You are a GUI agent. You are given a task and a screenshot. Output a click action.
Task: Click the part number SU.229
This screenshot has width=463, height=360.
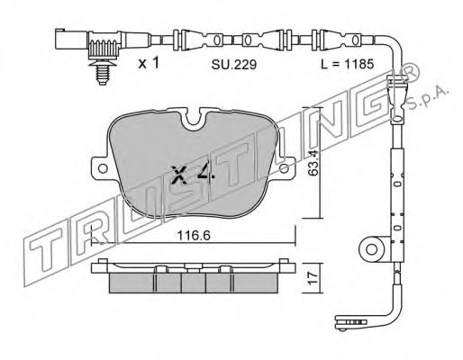pos(234,65)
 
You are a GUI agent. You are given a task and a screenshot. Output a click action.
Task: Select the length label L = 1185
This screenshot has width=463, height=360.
pos(347,64)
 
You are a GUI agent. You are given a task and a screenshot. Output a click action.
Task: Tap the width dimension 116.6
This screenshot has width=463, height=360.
pos(194,235)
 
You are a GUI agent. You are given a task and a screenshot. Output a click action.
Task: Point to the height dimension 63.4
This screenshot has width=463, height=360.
pos(313,163)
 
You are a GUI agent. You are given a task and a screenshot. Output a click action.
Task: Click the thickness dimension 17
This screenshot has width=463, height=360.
pos(313,278)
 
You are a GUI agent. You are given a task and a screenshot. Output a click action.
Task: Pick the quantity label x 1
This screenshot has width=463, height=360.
pos(149,63)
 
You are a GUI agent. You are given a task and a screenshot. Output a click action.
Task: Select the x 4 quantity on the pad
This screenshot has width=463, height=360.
pos(193,175)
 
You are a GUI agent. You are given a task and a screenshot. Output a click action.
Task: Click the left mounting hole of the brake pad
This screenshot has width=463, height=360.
pos(103,168)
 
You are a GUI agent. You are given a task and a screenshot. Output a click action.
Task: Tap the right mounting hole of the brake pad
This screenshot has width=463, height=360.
pos(284,168)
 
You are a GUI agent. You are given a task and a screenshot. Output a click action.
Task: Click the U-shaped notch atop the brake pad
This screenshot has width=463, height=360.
pos(194,120)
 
